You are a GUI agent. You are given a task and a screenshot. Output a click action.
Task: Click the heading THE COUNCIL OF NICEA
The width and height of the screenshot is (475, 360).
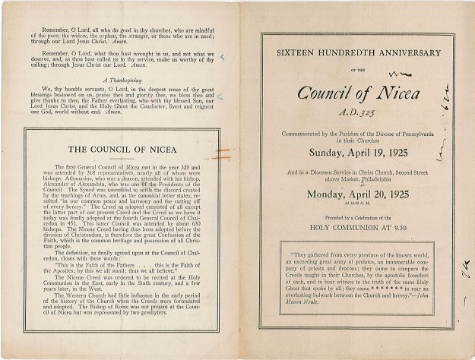[x=122, y=149]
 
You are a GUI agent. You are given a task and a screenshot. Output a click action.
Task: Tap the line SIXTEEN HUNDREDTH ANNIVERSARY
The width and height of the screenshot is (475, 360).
[x=349, y=53]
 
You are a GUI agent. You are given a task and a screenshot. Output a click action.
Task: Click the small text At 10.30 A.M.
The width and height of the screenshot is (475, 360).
[x=350, y=204]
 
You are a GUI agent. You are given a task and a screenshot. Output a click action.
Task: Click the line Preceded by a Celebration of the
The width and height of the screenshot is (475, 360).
[x=350, y=215]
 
